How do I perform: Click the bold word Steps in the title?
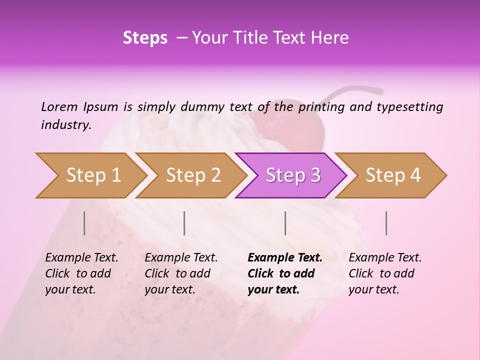coord(145,38)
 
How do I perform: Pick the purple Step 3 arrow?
coord(293,175)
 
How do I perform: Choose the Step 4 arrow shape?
coord(393,175)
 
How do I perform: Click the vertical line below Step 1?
coord(84,223)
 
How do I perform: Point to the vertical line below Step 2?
coord(184,223)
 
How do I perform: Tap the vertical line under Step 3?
coord(285,223)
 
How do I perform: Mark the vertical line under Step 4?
coord(386,223)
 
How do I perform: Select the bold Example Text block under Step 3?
coord(285,273)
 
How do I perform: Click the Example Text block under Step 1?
coord(81,273)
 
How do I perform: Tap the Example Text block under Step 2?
coord(181,273)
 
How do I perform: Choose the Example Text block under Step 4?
coord(385,273)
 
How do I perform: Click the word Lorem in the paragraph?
coord(59,106)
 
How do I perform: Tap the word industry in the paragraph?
coord(65,124)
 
